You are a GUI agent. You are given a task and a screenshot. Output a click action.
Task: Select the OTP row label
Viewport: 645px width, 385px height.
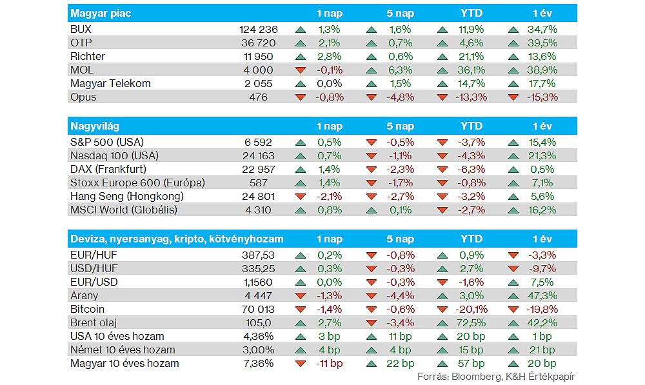tap(81, 43)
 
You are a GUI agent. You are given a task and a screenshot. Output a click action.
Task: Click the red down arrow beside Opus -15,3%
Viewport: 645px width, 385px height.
tap(513, 97)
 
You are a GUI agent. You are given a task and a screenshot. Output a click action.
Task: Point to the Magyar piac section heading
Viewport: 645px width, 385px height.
tap(101, 13)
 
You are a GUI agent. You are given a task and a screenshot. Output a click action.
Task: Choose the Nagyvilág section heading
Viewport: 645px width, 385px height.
tap(95, 126)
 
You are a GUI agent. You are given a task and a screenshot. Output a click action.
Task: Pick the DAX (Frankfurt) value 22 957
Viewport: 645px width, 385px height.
tap(258, 169)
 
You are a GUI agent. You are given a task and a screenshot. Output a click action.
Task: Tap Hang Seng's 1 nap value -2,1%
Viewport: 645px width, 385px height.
tap(329, 196)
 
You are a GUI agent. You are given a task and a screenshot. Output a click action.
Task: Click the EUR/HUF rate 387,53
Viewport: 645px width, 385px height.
tap(258, 255)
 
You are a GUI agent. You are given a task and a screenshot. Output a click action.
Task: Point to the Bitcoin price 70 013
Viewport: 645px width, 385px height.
tap(258, 309)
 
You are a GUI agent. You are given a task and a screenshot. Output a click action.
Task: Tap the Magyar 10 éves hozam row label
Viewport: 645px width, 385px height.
tap(124, 363)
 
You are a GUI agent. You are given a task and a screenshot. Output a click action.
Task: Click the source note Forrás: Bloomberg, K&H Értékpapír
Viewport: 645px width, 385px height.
tap(496, 376)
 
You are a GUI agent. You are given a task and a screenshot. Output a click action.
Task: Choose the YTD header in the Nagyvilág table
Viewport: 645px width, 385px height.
tap(471, 126)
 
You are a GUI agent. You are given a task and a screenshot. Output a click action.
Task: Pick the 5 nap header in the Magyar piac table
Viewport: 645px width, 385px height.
tap(401, 13)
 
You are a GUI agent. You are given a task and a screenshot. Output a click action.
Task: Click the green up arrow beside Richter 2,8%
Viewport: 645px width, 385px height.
tap(301, 56)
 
